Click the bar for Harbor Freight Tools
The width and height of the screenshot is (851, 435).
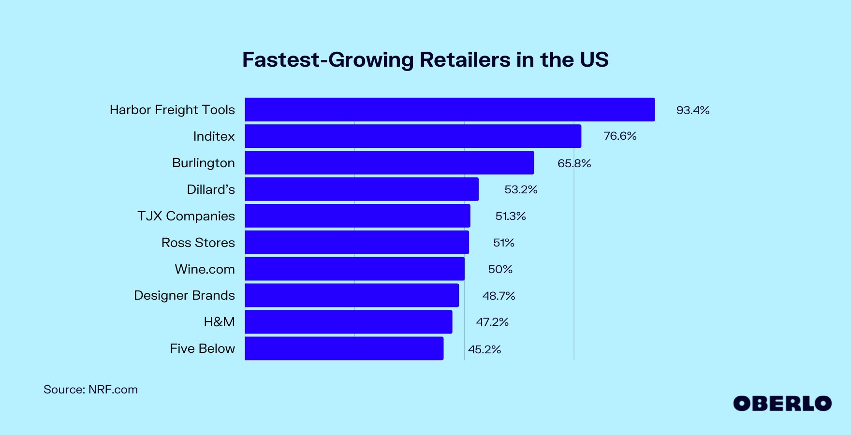point(450,110)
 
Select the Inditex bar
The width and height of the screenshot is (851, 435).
point(413,136)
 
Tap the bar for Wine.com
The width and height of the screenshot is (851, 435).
point(354,269)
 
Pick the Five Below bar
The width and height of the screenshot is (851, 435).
point(344,348)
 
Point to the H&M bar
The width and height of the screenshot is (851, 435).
point(348,322)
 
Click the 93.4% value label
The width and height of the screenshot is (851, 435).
point(692,110)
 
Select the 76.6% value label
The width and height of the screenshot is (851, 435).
point(620,136)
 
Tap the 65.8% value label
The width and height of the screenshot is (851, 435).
point(574,163)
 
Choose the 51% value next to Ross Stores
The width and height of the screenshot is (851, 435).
point(503,243)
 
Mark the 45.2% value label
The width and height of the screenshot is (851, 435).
point(484,349)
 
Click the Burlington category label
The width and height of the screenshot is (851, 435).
point(203,163)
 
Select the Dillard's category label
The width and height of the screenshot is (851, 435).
point(211,189)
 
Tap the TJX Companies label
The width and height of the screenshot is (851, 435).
point(186,216)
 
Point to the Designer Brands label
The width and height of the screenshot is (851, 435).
point(184,295)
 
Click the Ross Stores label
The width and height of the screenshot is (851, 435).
point(198,243)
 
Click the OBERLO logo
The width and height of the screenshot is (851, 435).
point(782,404)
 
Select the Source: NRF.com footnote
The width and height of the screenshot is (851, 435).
point(90,390)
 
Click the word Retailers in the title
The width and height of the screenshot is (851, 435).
point(465,60)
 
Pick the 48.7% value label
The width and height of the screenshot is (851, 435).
point(499,296)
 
